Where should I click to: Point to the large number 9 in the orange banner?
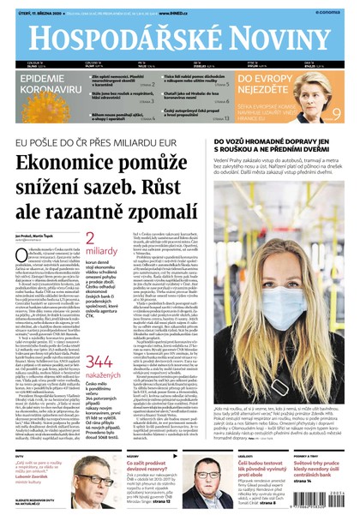tap(338, 111)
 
